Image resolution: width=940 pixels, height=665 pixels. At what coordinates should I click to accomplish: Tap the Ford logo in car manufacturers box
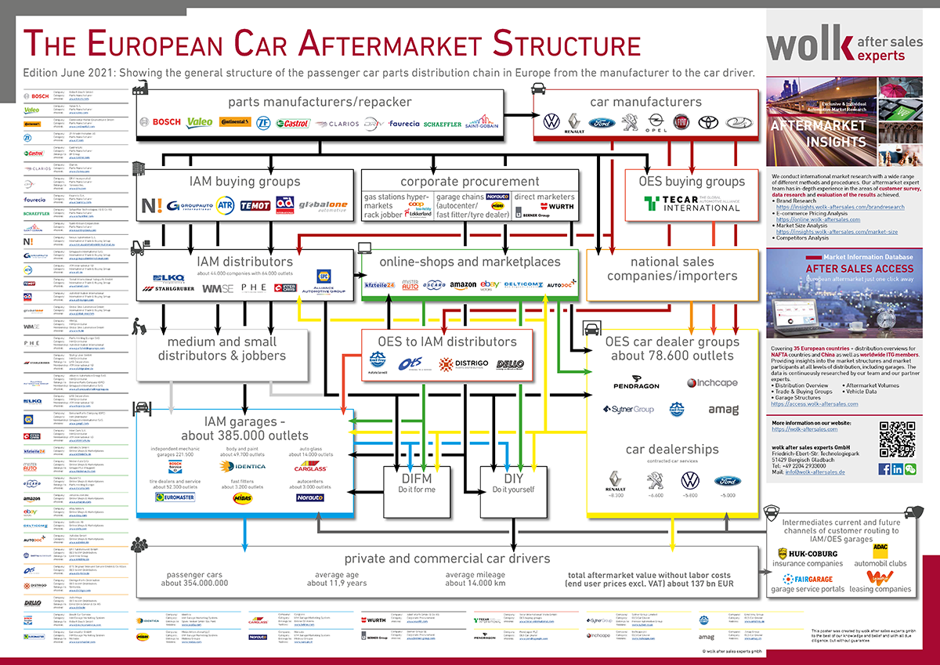coord(602,122)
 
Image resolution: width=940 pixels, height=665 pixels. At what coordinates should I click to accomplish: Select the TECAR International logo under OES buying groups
coord(692,204)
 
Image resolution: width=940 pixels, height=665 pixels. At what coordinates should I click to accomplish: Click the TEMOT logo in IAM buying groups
coord(255,206)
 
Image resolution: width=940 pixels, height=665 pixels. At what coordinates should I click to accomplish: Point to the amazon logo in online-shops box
coord(463,286)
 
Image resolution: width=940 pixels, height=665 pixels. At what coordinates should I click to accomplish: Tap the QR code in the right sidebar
coord(896,439)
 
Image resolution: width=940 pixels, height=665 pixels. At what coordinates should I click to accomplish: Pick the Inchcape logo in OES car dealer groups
coord(713,383)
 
